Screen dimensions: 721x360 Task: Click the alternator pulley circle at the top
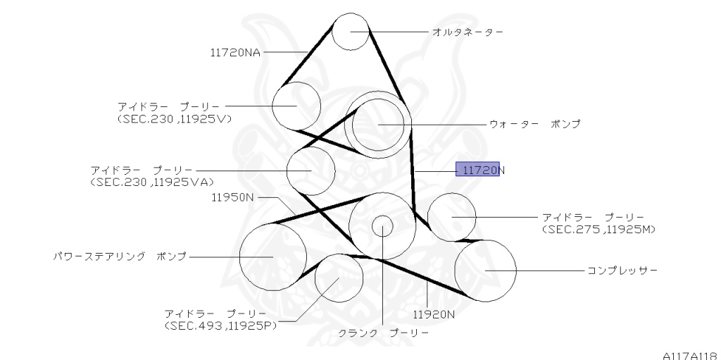(350, 31)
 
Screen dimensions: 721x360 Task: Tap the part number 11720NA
(235, 51)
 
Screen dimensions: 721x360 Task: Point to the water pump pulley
(379, 125)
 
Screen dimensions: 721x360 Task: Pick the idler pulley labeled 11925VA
(311, 170)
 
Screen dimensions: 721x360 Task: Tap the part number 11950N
(232, 197)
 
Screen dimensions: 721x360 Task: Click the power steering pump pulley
(272, 256)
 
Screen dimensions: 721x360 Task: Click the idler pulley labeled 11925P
(339, 278)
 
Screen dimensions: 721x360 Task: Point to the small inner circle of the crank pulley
(382, 226)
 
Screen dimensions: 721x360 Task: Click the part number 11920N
(434, 313)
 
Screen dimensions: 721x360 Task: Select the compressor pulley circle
(485, 270)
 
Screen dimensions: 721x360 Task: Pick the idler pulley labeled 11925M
(451, 216)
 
